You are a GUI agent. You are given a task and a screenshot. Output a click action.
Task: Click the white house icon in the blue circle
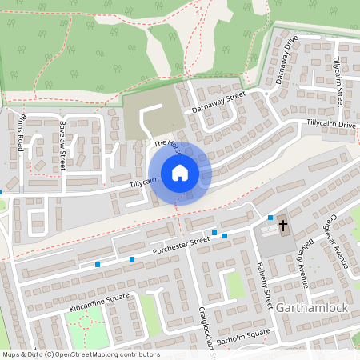180,173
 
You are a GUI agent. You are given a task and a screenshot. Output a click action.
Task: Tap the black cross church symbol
282,226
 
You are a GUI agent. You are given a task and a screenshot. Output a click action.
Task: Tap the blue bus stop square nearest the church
270,218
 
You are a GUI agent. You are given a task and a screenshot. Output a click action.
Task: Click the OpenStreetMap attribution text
80,354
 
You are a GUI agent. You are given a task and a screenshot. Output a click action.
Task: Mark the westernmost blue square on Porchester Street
98,265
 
